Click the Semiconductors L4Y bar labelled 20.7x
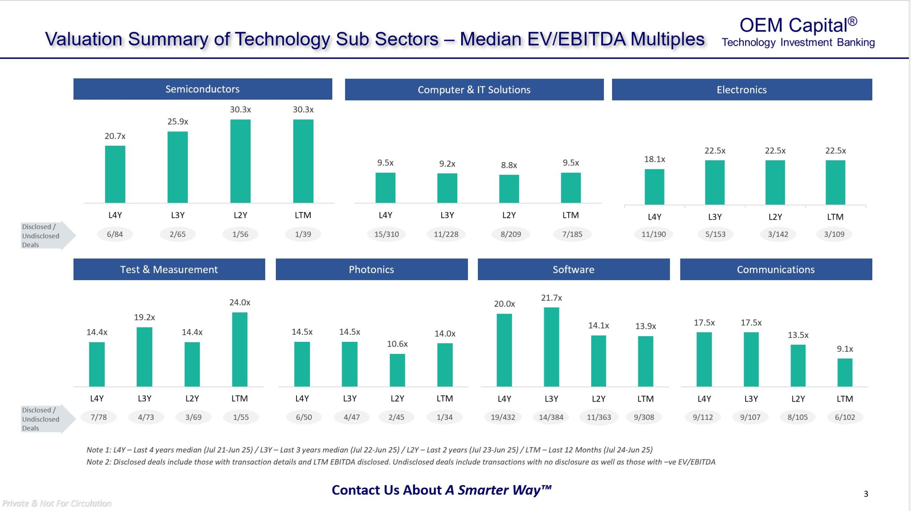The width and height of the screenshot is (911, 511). pyautogui.click(x=115, y=174)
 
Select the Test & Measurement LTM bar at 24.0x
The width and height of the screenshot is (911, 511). pyautogui.click(x=239, y=349)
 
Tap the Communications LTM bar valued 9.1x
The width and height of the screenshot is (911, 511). pyautogui.click(x=845, y=372)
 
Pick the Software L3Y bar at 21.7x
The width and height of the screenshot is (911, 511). pyautogui.click(x=551, y=347)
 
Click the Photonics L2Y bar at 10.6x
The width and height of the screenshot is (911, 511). pyautogui.click(x=397, y=370)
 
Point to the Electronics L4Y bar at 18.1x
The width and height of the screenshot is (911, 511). pyautogui.click(x=654, y=187)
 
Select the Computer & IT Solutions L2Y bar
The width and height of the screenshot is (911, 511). pyautogui.click(x=509, y=189)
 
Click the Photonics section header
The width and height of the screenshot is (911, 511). pyautogui.click(x=372, y=269)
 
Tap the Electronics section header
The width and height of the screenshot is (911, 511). pyautogui.click(x=742, y=90)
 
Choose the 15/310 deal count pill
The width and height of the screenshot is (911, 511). pyautogui.click(x=386, y=234)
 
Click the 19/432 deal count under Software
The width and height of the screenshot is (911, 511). pyautogui.click(x=503, y=417)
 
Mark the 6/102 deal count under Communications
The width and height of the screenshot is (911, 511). pyautogui.click(x=845, y=417)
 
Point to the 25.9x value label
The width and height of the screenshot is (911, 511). pyautogui.click(x=178, y=122)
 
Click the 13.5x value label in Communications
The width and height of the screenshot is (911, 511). pyautogui.click(x=798, y=335)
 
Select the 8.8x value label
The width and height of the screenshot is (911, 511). pyautogui.click(x=509, y=165)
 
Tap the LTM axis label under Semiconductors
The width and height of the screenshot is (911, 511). pyautogui.click(x=303, y=215)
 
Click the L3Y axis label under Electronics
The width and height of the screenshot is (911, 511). pyautogui.click(x=715, y=217)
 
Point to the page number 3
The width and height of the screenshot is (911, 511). pyautogui.click(x=866, y=494)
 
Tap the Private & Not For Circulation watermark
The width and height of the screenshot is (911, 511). pyautogui.click(x=57, y=503)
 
